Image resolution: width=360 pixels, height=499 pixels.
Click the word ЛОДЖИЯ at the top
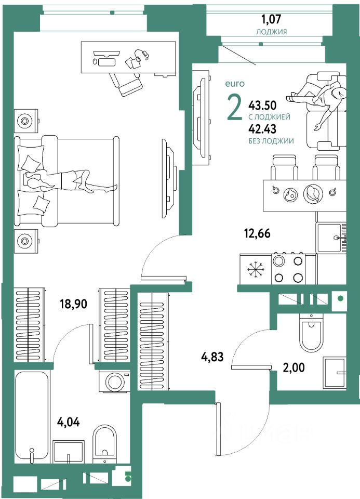click(272, 32)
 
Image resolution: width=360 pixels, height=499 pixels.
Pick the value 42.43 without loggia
click(263, 129)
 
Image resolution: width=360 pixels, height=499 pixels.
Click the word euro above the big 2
click(234, 83)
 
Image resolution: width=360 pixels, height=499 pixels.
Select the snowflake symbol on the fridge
click(255, 269)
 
